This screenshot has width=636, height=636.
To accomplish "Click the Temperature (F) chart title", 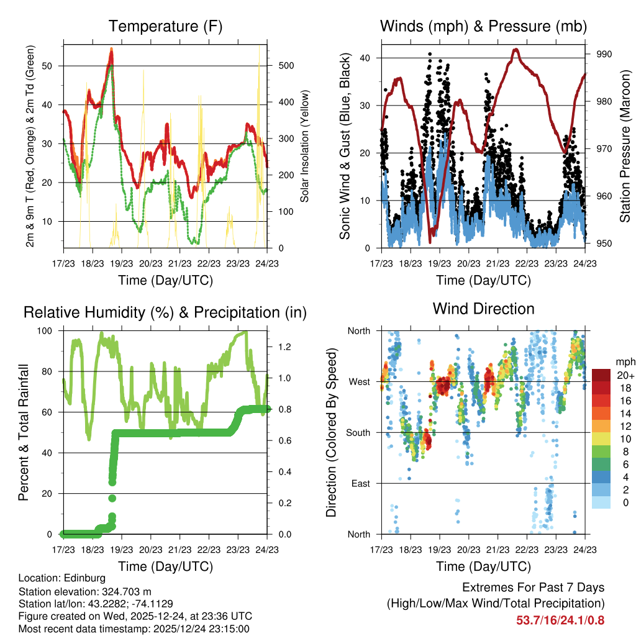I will tap(165, 26).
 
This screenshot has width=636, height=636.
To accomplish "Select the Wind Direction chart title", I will tap(483, 308).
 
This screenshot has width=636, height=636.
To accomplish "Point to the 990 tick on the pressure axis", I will tap(604, 54).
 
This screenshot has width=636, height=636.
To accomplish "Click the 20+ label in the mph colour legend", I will tap(624, 375).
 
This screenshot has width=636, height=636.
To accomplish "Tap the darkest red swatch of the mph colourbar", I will tap(601, 375).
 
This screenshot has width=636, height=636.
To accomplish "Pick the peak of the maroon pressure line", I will tap(516, 50).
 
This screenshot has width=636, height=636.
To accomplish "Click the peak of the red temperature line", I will tap(111, 49).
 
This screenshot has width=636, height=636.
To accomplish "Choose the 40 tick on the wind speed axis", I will tap(368, 58).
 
